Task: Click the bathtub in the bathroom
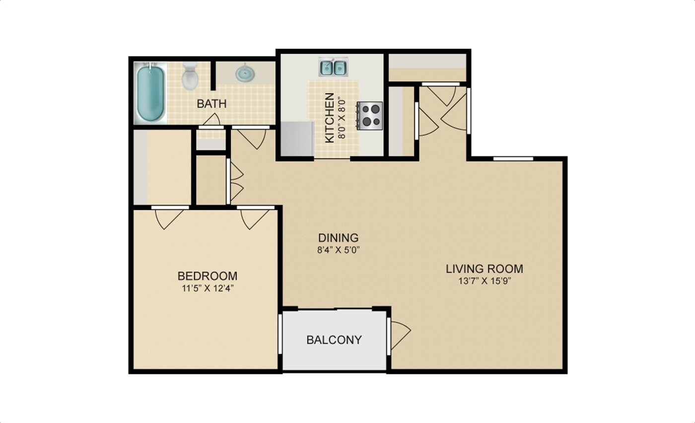(x=151, y=93)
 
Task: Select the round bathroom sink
(x=244, y=74)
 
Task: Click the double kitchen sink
(x=333, y=67)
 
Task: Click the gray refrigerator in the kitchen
(x=297, y=139)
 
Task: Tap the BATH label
(x=211, y=104)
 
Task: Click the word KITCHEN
(x=329, y=118)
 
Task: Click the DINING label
(x=338, y=238)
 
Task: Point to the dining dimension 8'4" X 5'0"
(x=338, y=250)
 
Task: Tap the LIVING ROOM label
(x=484, y=269)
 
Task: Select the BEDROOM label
(x=208, y=276)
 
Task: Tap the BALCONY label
(x=334, y=340)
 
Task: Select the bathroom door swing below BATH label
(x=212, y=119)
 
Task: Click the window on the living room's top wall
(x=513, y=159)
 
